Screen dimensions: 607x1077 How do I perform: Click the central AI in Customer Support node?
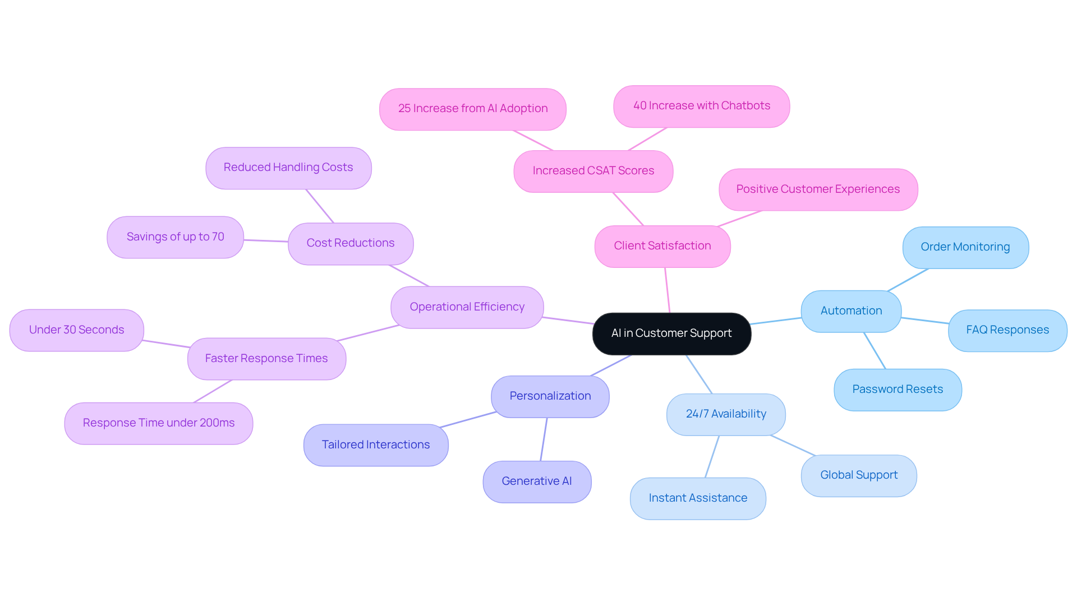click(671, 333)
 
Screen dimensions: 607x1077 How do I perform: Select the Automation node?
click(851, 311)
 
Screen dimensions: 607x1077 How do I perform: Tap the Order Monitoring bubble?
click(965, 247)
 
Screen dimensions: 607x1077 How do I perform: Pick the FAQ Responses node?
click(1007, 330)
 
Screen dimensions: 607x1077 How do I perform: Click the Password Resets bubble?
click(897, 390)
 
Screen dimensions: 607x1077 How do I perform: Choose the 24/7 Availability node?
click(725, 414)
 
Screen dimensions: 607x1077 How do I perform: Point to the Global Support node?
click(858, 475)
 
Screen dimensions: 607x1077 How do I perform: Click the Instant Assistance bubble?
click(697, 498)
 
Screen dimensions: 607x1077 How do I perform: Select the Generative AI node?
click(536, 481)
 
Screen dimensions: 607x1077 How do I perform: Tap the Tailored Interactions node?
click(375, 445)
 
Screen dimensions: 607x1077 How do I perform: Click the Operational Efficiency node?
click(467, 307)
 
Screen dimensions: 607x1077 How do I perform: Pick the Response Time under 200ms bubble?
click(158, 423)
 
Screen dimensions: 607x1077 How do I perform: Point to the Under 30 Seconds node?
click(76, 330)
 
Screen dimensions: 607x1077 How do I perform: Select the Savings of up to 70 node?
click(175, 237)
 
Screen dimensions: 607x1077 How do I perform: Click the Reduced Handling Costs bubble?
click(288, 168)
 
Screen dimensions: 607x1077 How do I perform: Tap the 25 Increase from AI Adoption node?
click(472, 109)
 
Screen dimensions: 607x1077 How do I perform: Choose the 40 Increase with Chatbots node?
click(701, 106)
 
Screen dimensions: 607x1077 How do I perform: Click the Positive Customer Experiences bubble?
click(817, 189)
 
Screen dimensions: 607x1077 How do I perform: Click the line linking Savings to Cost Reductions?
click(266, 241)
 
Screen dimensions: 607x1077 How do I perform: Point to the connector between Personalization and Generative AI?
click(544, 439)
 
